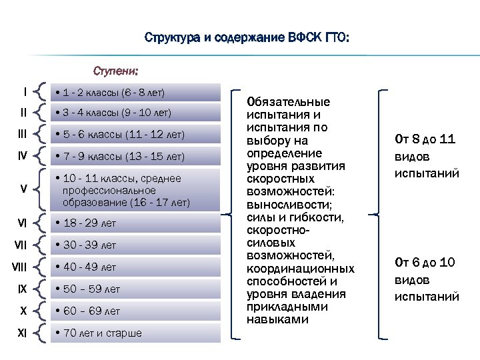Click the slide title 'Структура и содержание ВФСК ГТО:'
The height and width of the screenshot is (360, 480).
coord(246,38)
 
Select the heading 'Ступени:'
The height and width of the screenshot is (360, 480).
coord(115,70)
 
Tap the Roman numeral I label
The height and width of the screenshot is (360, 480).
coord(25,91)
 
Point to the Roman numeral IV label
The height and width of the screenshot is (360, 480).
coord(23,157)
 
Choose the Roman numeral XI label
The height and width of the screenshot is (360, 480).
coord(22,333)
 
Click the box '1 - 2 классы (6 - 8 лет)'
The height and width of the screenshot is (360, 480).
coord(135,91)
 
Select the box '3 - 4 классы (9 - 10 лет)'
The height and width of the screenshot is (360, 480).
coord(135,113)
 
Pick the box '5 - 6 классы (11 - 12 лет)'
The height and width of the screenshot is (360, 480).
coord(135,135)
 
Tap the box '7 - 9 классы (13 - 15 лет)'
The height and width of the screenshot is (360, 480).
coord(135,157)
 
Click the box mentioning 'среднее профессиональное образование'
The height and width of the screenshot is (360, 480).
coord(135,190)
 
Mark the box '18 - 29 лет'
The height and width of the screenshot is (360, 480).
coord(135,223)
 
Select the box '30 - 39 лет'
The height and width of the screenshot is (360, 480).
coord(135,245)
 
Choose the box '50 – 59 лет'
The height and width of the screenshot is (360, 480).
coord(135,289)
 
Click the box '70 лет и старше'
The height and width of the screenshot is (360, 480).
coord(135,333)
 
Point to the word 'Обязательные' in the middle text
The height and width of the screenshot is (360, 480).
coord(288,102)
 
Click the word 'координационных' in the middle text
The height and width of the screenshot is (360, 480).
coord(300,269)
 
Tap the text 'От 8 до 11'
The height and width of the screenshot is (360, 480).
coord(425,139)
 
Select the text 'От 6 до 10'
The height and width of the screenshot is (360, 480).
coord(425,262)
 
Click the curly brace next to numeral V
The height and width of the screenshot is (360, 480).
coord(42,189)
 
